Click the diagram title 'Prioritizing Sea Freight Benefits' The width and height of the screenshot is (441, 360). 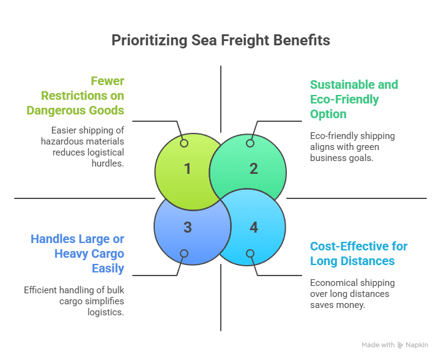point(220,40)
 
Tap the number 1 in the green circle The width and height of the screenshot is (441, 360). point(188,168)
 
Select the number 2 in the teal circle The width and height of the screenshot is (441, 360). point(253,168)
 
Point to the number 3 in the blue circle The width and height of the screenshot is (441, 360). point(188,227)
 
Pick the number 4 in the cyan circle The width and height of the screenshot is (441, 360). point(253,227)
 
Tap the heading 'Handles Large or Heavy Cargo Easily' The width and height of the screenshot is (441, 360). point(78,253)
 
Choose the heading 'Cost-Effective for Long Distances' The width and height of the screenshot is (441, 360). point(358,253)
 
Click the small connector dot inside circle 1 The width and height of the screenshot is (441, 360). point(184,143)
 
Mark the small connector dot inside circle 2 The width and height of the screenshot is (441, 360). point(250,143)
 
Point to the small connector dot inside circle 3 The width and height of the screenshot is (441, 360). point(184,253)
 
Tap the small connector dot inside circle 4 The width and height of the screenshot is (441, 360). point(250,253)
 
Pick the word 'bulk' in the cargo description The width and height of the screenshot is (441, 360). point(117,290)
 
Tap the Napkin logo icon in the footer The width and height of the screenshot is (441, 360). point(401,345)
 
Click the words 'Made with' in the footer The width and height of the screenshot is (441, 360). point(378,345)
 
